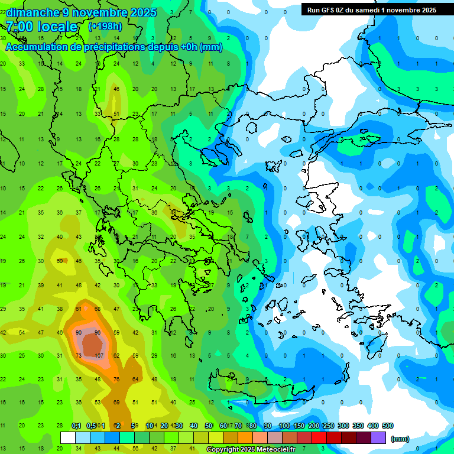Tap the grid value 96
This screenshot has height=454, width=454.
[98, 332]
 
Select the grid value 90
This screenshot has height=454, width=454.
[79, 332]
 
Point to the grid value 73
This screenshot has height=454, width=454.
[79, 355]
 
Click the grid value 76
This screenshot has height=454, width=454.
[116, 379]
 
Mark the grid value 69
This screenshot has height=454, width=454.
[116, 402]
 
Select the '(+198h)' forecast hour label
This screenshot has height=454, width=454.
[105, 27]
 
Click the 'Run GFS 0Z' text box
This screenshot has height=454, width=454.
[372, 10]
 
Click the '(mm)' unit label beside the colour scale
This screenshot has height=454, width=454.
[400, 439]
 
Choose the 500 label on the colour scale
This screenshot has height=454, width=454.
[388, 426]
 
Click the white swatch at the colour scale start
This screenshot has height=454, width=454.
[68, 438]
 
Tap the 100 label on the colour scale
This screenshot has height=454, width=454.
[284, 426]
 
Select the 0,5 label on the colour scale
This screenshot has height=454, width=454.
[91, 426]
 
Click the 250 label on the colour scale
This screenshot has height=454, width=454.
[328, 426]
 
